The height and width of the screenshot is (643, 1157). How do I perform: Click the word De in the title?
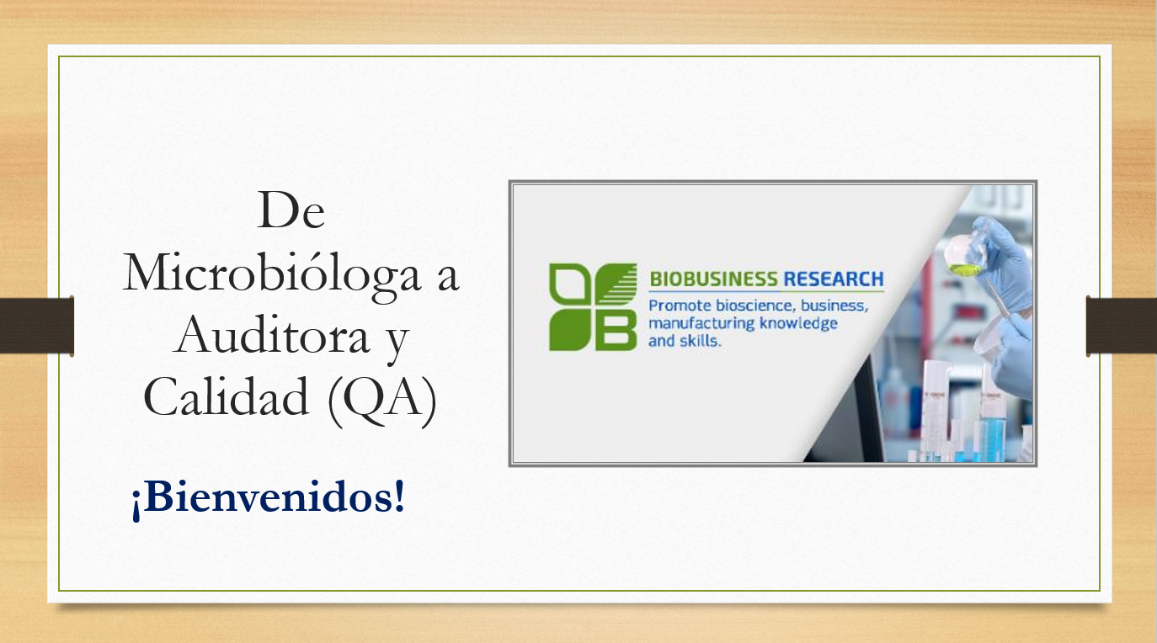[291, 210]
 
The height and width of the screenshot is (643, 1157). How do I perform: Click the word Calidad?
[227, 396]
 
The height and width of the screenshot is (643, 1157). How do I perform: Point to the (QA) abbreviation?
[382, 400]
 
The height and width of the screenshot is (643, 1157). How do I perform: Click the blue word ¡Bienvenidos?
[268, 497]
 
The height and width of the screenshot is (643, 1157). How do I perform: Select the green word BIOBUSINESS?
[712, 279]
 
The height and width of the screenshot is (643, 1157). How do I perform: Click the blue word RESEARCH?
[833, 279]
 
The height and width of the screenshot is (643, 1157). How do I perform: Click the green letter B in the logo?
[616, 330]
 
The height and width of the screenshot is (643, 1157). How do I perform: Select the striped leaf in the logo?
[616, 284]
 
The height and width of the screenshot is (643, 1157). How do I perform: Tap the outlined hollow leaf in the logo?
[569, 284]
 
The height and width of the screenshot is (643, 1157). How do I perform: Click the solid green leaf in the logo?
[569, 330]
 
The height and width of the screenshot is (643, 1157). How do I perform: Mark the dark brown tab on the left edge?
[37, 326]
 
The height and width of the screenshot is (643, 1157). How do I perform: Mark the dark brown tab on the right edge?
[1122, 326]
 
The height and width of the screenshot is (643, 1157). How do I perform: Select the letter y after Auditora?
[397, 342]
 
